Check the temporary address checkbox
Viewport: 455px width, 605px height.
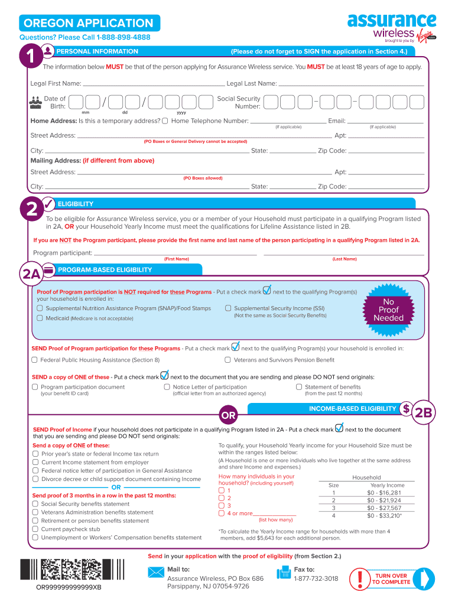pos(165,121)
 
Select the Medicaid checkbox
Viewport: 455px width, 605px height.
pos(40,318)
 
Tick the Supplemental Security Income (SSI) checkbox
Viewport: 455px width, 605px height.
pos(228,308)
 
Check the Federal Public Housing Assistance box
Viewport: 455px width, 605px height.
pos(35,360)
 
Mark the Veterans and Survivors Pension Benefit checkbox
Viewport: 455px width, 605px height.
pos(228,360)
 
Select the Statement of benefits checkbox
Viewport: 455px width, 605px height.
pos(299,387)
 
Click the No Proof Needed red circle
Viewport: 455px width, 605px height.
pos(388,310)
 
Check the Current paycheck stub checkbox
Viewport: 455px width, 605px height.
pos(35,529)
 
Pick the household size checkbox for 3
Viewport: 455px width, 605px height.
pos(222,506)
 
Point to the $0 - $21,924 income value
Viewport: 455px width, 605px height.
pos(383,500)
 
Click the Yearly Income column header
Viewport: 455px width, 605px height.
pos(387,485)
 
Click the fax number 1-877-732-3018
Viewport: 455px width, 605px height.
pos(316,578)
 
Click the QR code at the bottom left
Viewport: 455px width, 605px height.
pos(74,570)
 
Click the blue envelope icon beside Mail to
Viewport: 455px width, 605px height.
pos(156,573)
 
